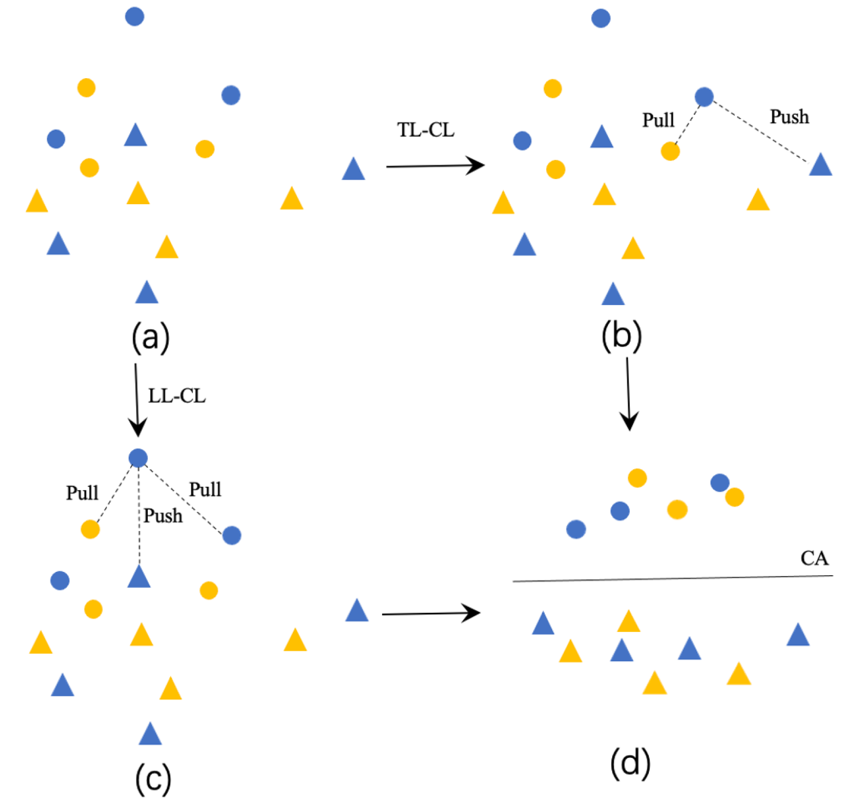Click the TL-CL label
point(426,130)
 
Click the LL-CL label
point(176,396)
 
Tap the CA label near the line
point(814,558)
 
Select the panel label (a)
point(151,337)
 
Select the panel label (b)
point(621,335)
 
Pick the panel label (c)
point(153,778)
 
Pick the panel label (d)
point(630,763)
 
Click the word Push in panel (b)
point(789,116)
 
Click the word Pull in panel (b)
point(658,120)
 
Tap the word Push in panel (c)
point(163,516)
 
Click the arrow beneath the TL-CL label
point(435,166)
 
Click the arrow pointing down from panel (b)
point(629,393)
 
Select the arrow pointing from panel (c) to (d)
point(430,613)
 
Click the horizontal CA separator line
point(672,579)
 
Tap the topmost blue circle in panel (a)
point(134,16)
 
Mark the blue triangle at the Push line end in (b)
point(820,165)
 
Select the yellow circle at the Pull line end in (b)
point(670,151)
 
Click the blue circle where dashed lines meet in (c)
point(138,458)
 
